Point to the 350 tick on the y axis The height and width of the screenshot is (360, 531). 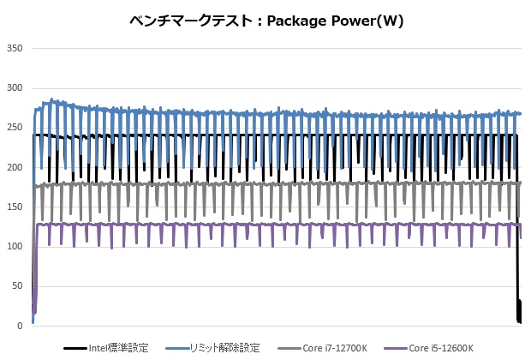15,48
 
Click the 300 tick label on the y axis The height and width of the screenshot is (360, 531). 15,87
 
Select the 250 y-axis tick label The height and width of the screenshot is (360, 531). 15,128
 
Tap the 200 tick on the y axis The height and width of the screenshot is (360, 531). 15,167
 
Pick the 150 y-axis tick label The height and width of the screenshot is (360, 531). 15,207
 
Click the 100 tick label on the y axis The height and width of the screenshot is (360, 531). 15,247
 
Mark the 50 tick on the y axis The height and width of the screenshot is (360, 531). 17,286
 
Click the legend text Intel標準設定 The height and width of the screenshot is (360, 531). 120,348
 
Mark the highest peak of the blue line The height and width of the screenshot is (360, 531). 52,99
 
